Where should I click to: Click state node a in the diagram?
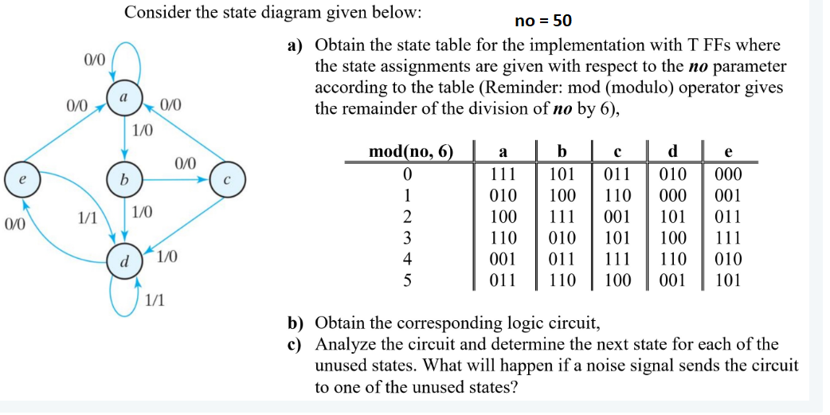[x=123, y=96]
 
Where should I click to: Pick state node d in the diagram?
[x=123, y=260]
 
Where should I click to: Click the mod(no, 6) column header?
[x=410, y=151]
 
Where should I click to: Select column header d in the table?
[x=674, y=151]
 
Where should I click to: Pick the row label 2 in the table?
[x=407, y=217]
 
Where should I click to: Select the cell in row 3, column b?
[x=562, y=238]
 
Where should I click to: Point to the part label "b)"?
[x=297, y=323]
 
